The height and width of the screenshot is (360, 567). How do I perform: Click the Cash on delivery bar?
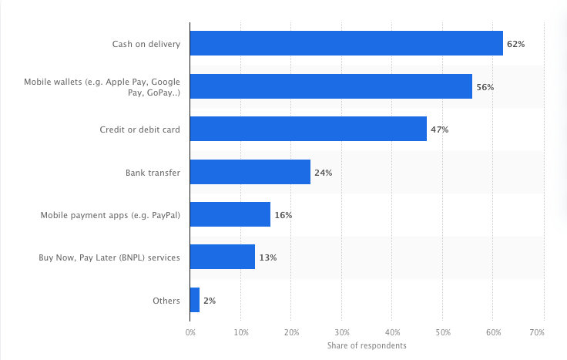tap(346, 44)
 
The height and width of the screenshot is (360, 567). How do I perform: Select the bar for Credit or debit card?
tap(308, 130)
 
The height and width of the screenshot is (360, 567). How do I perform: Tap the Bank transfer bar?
tap(250, 172)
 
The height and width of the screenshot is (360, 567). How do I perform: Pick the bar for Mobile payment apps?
tap(230, 214)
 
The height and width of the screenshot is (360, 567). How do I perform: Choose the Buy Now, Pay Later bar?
tap(222, 257)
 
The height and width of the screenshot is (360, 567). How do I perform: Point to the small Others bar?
tap(195, 300)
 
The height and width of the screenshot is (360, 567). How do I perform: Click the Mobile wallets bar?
tap(331, 86)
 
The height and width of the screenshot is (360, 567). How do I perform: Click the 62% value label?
tap(515, 45)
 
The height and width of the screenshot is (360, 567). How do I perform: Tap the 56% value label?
tap(485, 87)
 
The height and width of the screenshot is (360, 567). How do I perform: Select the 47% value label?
tap(439, 130)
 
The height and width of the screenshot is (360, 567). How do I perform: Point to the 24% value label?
tap(323, 173)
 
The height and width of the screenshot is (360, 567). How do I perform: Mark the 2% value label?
tap(210, 301)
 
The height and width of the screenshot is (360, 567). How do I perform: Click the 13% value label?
tap(267, 257)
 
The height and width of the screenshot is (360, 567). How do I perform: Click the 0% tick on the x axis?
tap(190, 331)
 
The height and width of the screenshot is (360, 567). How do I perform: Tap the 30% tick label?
tap(342, 331)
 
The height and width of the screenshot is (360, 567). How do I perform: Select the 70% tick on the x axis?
tap(537, 331)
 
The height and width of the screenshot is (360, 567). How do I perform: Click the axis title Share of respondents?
tap(367, 345)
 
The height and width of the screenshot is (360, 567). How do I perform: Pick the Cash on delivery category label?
tap(146, 45)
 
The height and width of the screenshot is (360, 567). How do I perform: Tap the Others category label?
tap(167, 301)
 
